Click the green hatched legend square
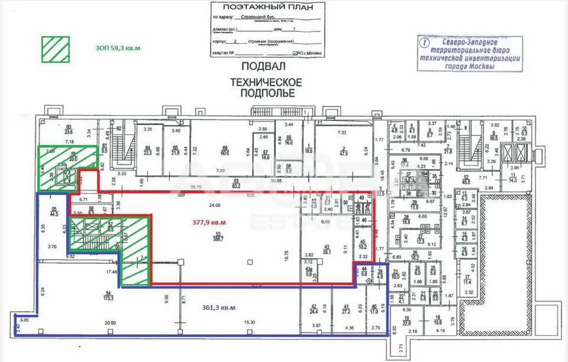coord(54,49)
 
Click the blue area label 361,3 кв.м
coord(219,307)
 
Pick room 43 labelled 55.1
coord(326,248)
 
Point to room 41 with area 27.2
coord(346,308)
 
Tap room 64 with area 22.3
coord(148,150)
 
